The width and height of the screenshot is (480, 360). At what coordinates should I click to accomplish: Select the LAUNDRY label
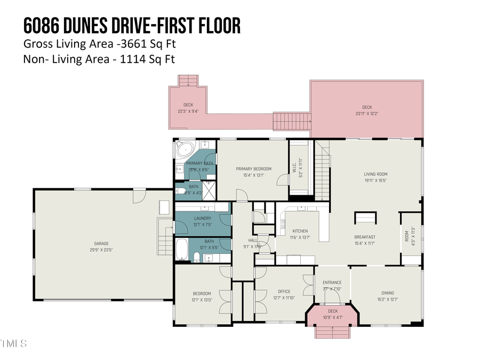pos(203,218)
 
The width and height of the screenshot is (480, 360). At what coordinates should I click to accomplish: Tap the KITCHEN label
pos(300,231)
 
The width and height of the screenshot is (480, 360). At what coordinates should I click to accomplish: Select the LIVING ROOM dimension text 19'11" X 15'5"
pos(375,181)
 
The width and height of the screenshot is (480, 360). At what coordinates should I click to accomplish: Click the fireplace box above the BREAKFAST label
pos(366,218)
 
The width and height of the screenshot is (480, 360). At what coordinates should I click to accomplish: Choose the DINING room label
pos(387,292)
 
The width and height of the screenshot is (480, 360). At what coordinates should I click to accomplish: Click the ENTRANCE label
pos(332,282)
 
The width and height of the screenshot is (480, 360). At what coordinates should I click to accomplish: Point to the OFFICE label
pos(284,291)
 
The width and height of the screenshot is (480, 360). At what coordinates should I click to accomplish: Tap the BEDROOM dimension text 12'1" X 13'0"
pos(202,300)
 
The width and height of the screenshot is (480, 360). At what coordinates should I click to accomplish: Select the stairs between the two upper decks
pos(292,121)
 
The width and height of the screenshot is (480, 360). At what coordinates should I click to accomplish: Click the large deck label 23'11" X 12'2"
pos(367,114)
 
